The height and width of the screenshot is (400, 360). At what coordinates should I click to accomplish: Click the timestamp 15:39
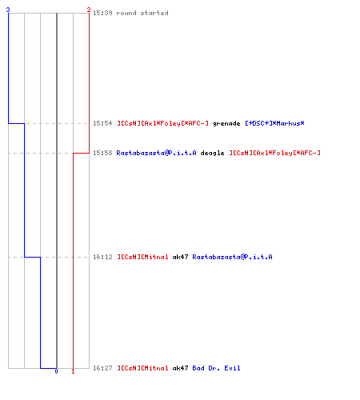102,13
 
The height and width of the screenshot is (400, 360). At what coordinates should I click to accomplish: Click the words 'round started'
142,13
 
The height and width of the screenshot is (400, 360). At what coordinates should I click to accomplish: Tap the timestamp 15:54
102,123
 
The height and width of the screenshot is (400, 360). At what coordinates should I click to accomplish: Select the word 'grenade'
226,124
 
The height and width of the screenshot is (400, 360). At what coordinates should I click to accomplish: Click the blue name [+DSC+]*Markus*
274,123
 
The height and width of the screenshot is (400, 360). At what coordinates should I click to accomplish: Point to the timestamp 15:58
102,153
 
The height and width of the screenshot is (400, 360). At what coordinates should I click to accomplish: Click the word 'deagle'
212,154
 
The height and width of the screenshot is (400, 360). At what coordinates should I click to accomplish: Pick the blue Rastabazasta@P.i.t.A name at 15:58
156,153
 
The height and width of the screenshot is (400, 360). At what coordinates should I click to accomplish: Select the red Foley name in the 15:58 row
274,153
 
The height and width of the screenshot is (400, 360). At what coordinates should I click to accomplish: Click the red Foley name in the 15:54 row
162,123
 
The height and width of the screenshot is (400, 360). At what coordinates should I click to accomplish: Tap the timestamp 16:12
102,257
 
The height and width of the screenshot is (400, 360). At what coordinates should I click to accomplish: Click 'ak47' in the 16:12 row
180,257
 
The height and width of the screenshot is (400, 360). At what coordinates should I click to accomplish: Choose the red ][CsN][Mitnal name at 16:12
142,257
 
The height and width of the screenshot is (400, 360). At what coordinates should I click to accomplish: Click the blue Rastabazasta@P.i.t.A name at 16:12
232,257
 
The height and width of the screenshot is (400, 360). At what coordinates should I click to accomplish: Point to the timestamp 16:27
102,368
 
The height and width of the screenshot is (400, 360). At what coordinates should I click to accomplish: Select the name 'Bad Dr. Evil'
216,368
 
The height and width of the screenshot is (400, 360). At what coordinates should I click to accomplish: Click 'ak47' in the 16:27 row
180,368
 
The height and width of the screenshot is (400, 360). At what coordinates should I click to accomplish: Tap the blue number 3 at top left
8,10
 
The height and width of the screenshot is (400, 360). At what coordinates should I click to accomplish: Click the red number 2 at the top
89,10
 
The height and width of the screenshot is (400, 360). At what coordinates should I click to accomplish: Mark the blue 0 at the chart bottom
56,371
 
